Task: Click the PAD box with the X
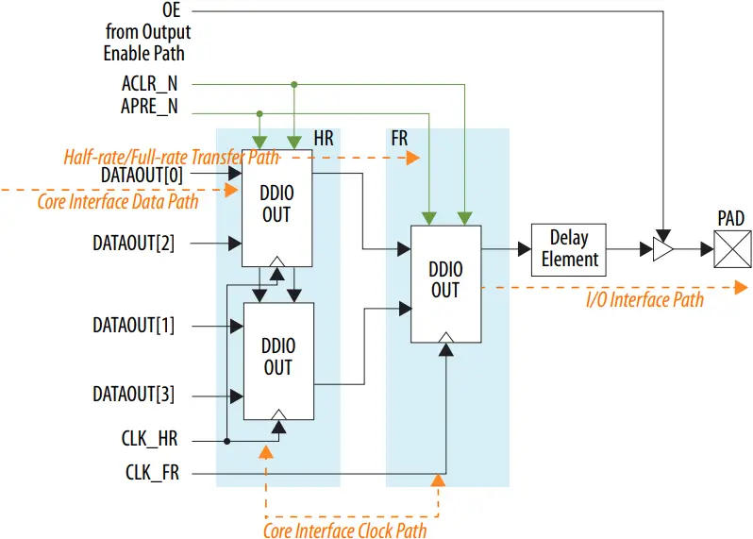[731, 251]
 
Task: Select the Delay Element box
[568, 249]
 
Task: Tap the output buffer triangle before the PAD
[663, 250]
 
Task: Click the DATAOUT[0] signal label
[142, 175]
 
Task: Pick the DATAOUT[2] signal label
[133, 243]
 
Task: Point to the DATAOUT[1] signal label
[133, 326]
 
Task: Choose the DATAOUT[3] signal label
[133, 394]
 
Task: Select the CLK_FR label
[152, 472]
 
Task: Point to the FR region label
[399, 139]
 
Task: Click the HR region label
[324, 139]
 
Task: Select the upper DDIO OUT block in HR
[277, 205]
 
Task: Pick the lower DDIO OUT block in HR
[278, 358]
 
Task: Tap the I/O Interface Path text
[644, 300]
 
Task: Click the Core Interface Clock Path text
[344, 530]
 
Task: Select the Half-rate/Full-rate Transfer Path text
[171, 157]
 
